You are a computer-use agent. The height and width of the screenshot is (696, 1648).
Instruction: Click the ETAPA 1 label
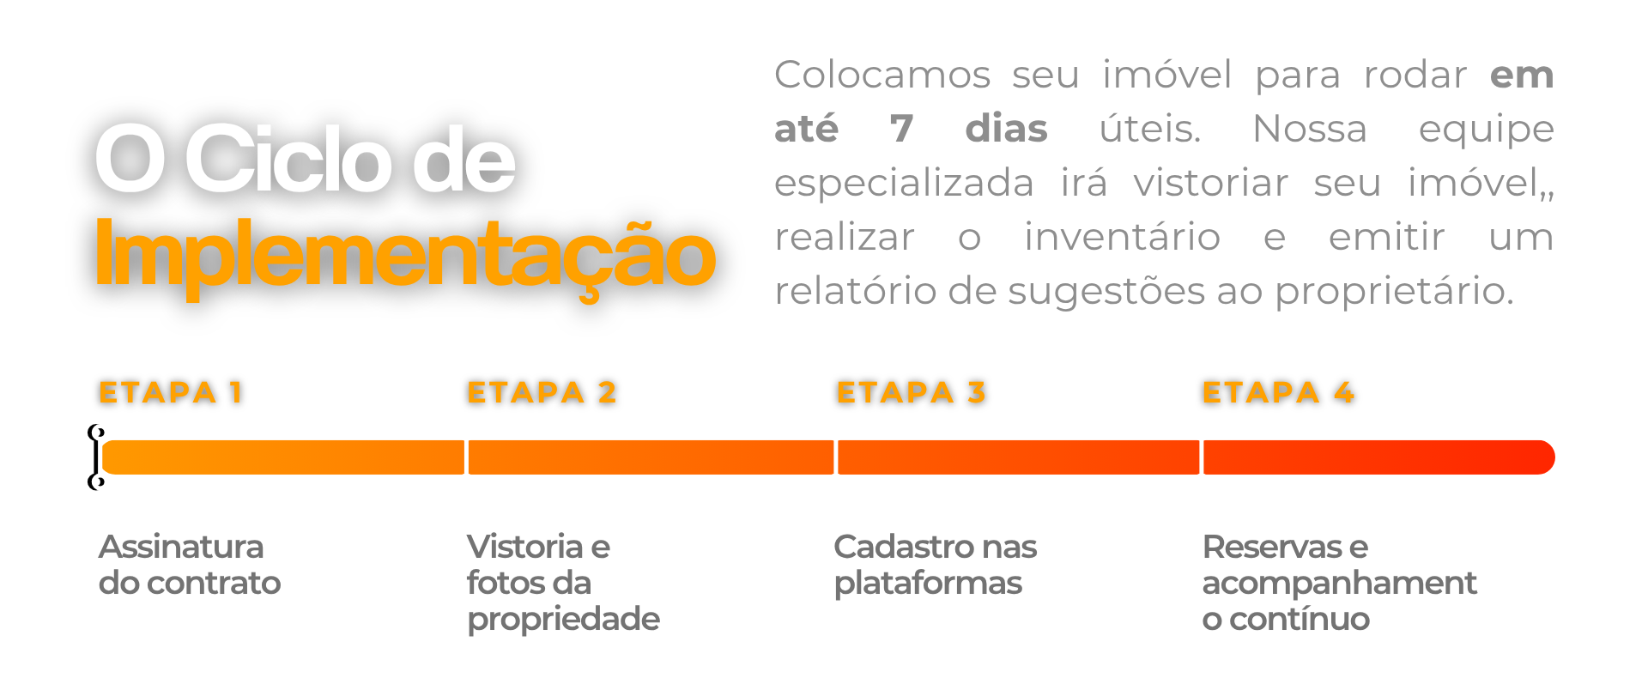point(171,392)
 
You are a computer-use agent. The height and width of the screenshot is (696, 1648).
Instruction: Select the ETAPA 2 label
point(542,392)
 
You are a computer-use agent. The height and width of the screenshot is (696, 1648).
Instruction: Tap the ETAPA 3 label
point(911,392)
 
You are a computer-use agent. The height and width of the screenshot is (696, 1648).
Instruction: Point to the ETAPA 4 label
point(1278,392)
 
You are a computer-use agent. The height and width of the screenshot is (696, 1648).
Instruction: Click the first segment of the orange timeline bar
point(283,457)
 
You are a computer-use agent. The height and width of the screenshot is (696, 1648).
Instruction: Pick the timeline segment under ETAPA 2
point(651,457)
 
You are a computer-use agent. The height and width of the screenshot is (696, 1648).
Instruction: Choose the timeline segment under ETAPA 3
point(1018,457)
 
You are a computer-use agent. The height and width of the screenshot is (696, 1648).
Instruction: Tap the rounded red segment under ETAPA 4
point(1378,457)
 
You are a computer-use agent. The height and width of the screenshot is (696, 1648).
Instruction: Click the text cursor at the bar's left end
point(95,457)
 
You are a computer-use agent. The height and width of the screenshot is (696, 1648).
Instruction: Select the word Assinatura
point(181,547)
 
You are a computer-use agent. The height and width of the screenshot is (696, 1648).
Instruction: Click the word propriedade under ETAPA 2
point(563,620)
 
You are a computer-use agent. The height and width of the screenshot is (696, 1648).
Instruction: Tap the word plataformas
point(928,584)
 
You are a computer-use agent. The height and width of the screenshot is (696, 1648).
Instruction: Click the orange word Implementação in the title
point(404,255)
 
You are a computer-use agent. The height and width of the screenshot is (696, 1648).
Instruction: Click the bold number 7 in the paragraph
point(901,129)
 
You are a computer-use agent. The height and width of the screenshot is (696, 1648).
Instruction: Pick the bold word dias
point(1006,129)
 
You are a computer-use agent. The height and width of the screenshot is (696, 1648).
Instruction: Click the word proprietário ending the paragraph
point(1394,292)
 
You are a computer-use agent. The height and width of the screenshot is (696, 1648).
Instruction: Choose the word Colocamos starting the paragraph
point(882,75)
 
